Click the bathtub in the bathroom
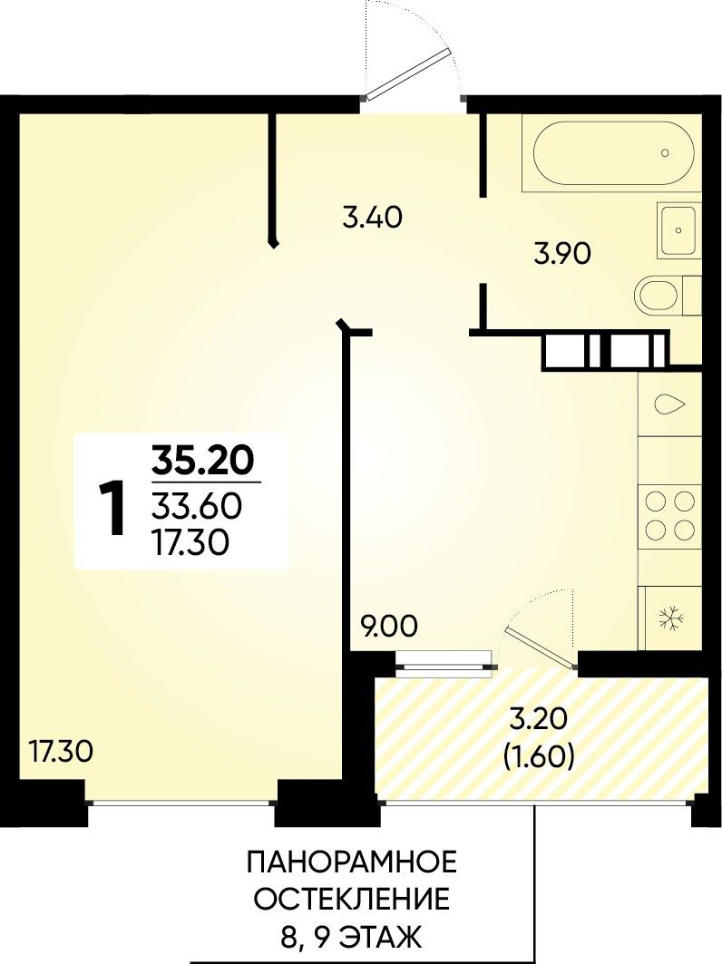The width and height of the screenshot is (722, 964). (x=612, y=153)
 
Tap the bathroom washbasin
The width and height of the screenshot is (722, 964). (x=678, y=230)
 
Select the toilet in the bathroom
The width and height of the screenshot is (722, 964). (x=668, y=297)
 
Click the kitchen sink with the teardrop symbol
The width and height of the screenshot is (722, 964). (x=669, y=404)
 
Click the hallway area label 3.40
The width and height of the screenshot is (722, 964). (x=372, y=218)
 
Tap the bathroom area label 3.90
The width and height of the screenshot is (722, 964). (x=562, y=253)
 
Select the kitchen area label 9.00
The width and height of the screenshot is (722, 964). (x=389, y=627)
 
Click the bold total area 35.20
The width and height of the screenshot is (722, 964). (x=203, y=461)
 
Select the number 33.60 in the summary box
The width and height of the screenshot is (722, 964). (x=197, y=507)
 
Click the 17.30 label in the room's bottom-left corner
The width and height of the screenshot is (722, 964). (x=62, y=752)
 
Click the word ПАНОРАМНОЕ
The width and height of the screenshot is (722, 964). (x=352, y=862)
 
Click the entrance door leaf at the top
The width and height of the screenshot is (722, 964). (x=405, y=76)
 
